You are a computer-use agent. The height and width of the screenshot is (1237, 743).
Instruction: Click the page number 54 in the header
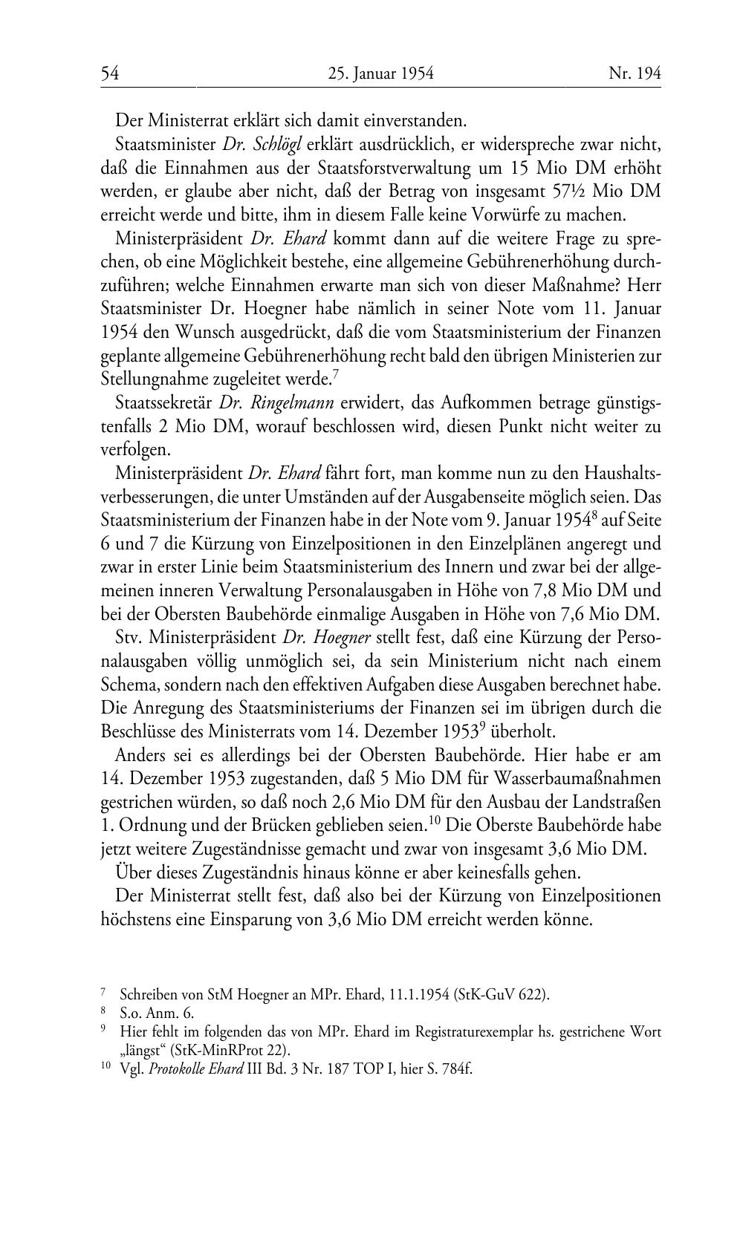pyautogui.click(x=110, y=73)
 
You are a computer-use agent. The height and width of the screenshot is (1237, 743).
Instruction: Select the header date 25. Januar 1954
pyautogui.click(x=380, y=73)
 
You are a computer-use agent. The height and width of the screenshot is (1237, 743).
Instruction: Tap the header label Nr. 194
pyautogui.click(x=634, y=73)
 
